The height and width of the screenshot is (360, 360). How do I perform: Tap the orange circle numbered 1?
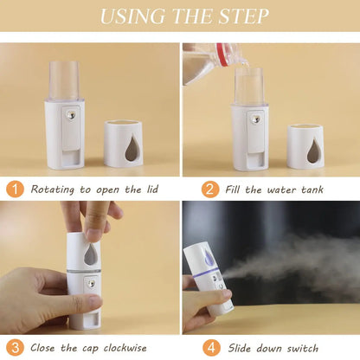[x=16, y=189]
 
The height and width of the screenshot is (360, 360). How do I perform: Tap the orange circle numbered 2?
[x=210, y=189]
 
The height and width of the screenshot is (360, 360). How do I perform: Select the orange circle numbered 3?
[x=16, y=347]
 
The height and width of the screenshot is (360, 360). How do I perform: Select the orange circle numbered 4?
[x=210, y=347]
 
